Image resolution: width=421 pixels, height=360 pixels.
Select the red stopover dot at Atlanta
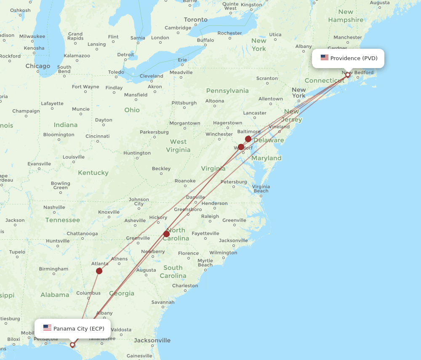[99, 271]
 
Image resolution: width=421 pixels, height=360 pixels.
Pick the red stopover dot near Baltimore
[248, 139]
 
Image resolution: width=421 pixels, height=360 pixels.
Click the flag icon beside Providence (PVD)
[324, 58]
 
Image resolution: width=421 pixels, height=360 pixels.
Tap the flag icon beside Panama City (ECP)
[47, 328]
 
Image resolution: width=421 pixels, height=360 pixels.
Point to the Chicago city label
[37, 66]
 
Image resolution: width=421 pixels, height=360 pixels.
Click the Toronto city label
[195, 20]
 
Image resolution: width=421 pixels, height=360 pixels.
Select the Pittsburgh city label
[184, 103]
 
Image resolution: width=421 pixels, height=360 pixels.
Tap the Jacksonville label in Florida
[152, 340]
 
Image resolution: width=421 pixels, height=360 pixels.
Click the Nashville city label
[54, 207]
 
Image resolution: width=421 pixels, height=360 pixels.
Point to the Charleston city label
[185, 286]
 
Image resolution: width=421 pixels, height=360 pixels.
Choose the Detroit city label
[125, 55]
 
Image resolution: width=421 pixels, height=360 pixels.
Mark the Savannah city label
[163, 302]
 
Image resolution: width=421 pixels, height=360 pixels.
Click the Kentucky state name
[93, 173]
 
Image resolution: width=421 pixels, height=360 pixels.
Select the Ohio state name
[132, 110]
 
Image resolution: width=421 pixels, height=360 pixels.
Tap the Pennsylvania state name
[227, 91]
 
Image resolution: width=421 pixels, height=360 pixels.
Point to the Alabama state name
[55, 295]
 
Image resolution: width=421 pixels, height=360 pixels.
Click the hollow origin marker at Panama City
[72, 345]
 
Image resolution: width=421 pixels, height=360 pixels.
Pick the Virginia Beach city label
[261, 188]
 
